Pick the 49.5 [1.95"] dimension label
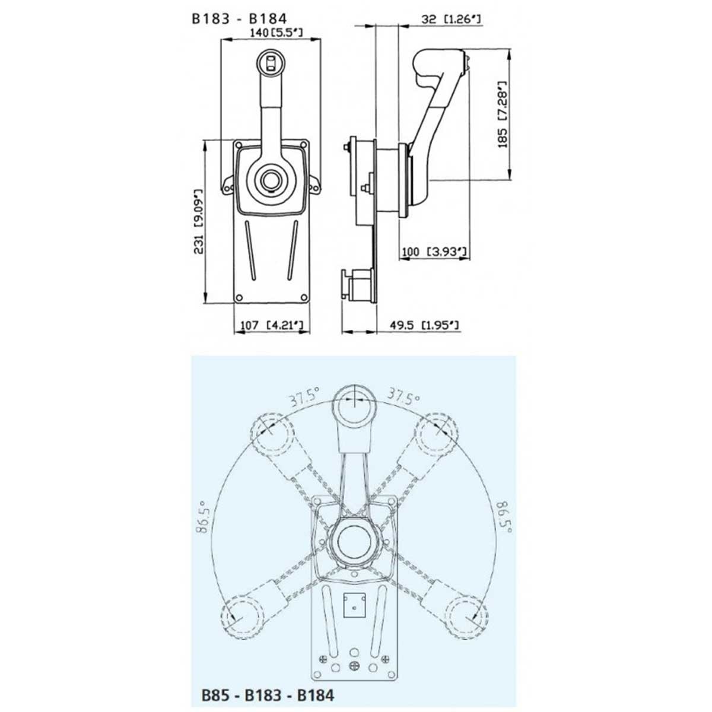tap(422, 325)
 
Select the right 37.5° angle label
tap(403, 396)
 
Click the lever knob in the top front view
tap(272, 61)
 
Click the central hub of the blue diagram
tap(354, 540)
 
